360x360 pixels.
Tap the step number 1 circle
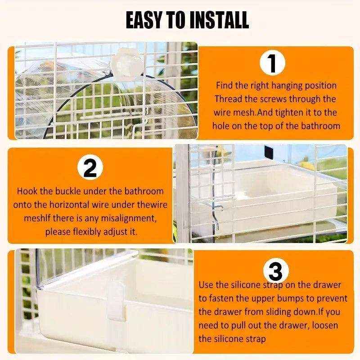273,63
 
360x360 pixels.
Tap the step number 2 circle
90,168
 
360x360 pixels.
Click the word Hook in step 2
27,191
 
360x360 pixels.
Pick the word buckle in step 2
58,191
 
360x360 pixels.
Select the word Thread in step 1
228,99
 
